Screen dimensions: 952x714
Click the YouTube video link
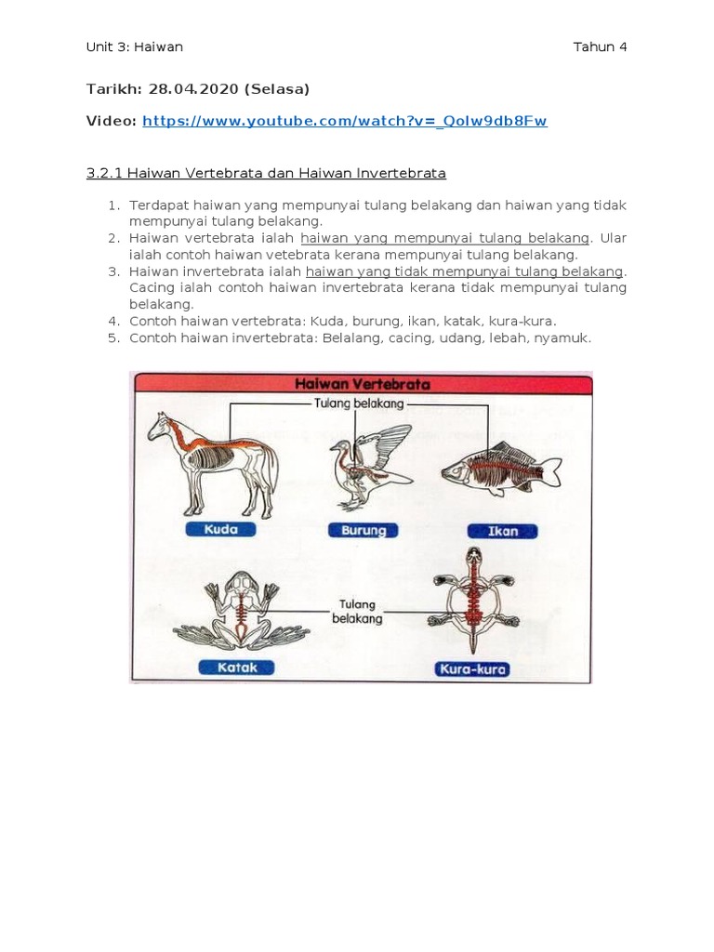pos(345,121)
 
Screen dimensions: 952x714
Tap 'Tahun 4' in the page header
pos(600,47)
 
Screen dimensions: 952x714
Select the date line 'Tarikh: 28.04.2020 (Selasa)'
pos(197,89)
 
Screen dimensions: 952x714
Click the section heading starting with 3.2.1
pos(266,173)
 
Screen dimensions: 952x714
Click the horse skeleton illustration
pos(213,461)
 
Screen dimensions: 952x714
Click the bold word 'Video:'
pos(112,121)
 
